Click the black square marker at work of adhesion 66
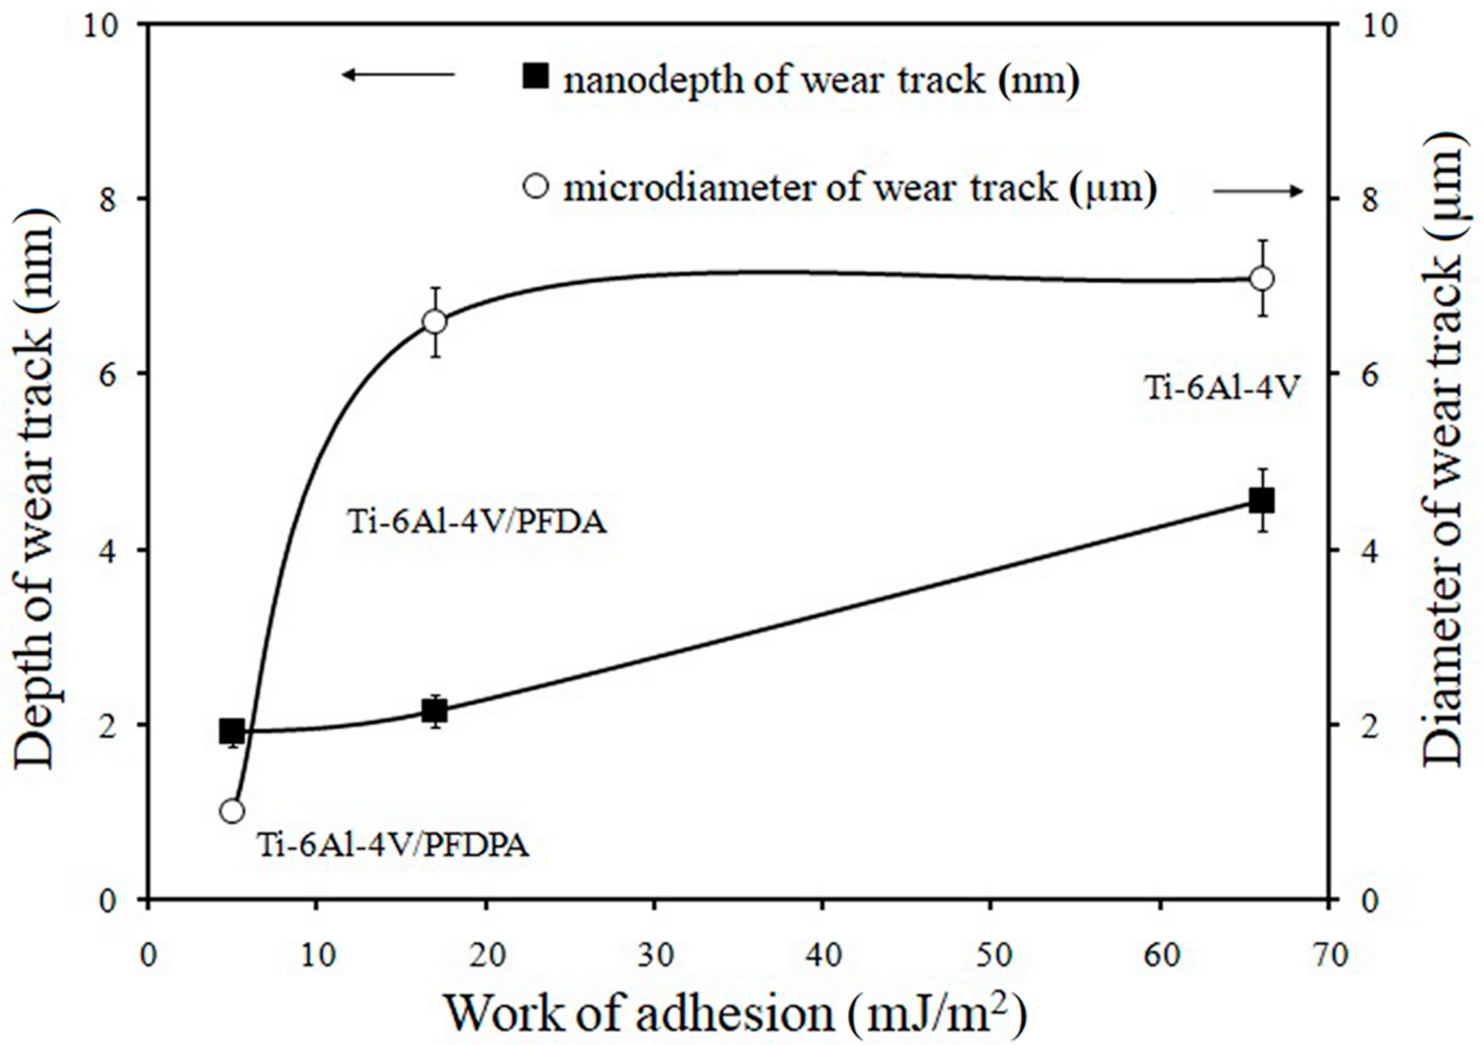coord(1261,500)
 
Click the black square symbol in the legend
coord(536,77)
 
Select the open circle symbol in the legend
coord(536,187)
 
